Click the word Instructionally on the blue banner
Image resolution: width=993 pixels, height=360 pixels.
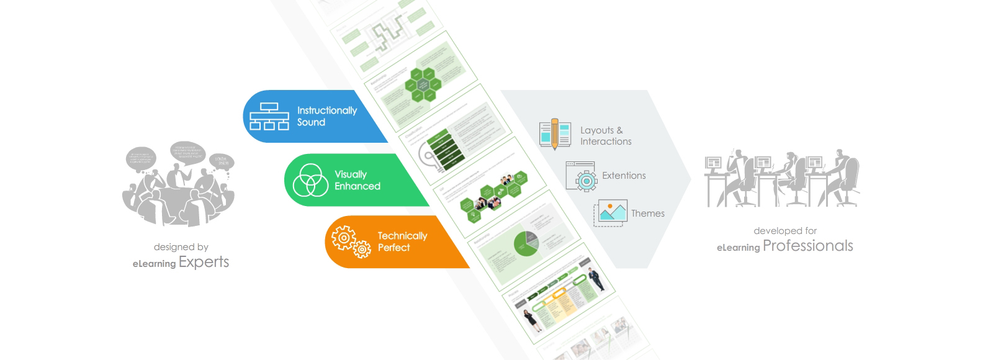[x=326, y=110]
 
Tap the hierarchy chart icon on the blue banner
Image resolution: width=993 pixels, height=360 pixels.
[x=269, y=116]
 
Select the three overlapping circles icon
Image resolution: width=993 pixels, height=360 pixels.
[x=310, y=180]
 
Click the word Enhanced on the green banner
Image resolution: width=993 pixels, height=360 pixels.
[x=357, y=186]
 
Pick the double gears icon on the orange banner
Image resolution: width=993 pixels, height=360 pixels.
[x=351, y=242]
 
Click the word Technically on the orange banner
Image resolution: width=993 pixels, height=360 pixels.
[x=402, y=236]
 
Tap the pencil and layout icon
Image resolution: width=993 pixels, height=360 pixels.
[x=554, y=134]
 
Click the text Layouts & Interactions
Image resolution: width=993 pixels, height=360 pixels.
[x=605, y=136]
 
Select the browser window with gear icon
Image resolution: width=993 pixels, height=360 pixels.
[x=581, y=176]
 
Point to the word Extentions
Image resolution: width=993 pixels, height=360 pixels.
[x=624, y=176]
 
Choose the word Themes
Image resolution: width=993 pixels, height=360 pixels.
[x=647, y=214]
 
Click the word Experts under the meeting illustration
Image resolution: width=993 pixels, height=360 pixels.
[x=204, y=262]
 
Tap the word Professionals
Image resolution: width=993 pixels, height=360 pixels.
[x=807, y=246]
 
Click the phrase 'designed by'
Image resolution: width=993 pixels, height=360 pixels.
[x=181, y=247]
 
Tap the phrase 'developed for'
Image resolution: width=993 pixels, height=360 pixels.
[x=785, y=231]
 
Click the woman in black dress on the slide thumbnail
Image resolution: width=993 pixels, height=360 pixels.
[x=531, y=321]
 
